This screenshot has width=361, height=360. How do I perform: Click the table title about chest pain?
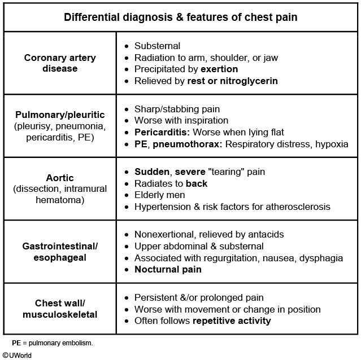pyautogui.click(x=180, y=17)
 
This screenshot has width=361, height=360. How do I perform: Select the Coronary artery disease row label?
pyautogui.click(x=60, y=63)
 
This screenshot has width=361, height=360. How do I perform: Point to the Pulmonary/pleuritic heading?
pyautogui.click(x=60, y=115)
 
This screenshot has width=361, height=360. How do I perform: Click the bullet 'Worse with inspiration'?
pyautogui.click(x=181, y=120)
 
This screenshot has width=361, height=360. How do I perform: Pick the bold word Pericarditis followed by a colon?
pyautogui.click(x=162, y=132)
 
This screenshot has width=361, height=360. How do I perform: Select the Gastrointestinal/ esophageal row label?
pyautogui.click(x=60, y=252)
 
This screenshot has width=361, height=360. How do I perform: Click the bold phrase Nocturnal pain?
pyautogui.click(x=168, y=270)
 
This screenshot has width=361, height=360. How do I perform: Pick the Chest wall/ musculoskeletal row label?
pyautogui.click(x=60, y=309)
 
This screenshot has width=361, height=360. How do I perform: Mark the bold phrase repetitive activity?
pyautogui.click(x=232, y=321)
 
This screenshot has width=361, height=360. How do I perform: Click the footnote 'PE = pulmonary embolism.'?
pyautogui.click(x=52, y=342)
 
